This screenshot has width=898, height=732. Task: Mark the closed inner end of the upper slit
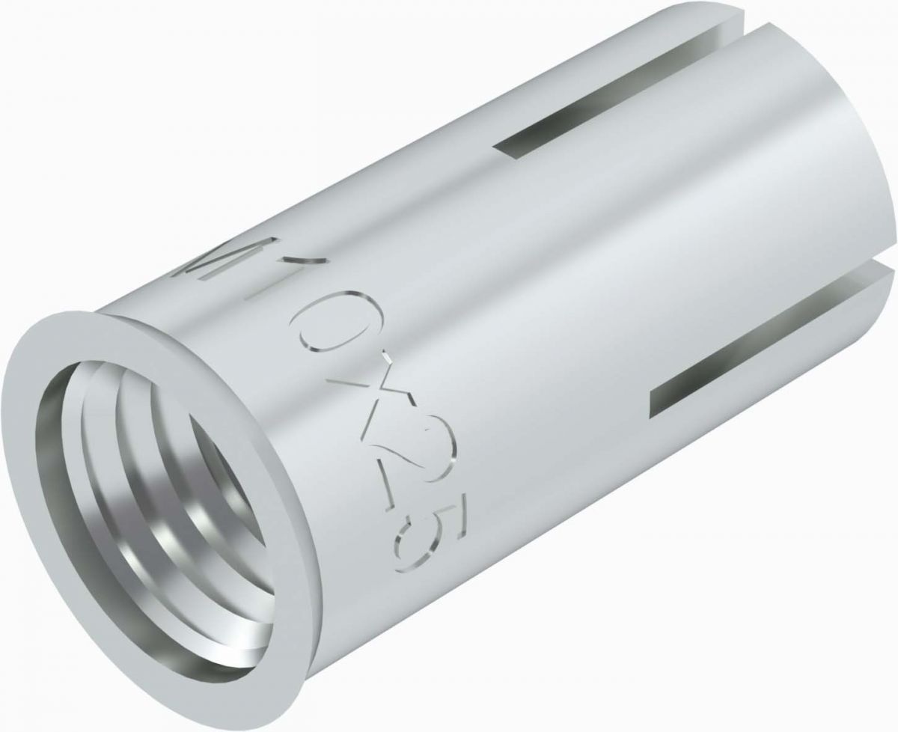tap(503, 150)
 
